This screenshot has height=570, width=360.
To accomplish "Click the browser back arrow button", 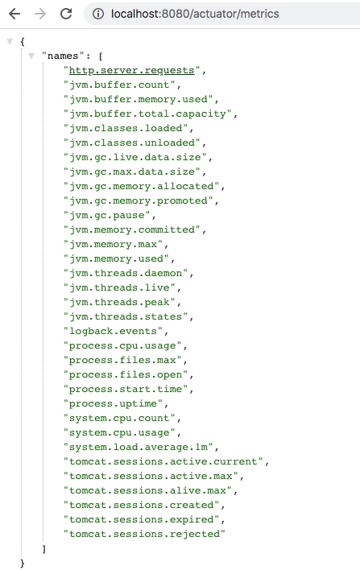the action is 14,14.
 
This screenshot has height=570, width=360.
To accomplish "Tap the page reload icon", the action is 66,14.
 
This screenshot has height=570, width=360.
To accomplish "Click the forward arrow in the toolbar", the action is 40,14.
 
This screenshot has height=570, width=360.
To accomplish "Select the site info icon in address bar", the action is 97,14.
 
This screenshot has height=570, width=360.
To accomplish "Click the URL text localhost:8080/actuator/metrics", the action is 195,14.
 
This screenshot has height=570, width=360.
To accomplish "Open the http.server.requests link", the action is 131,70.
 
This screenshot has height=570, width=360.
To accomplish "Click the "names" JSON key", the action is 63,56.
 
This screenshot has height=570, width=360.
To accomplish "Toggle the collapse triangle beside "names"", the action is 31,56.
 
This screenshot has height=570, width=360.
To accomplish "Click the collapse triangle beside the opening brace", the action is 10,41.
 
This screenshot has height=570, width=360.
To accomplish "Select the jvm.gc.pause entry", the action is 106,215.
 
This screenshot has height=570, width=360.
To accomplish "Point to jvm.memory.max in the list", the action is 113,244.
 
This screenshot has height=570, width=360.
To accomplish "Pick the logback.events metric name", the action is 113,331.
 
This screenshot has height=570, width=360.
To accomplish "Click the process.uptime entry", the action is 113,403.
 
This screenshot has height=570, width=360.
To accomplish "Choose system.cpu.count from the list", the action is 119,418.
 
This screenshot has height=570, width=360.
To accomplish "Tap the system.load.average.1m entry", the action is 139,447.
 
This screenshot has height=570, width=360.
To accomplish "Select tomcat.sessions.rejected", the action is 145,534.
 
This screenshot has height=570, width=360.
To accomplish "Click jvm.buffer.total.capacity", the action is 147,114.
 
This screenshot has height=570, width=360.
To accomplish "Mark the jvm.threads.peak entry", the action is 119,302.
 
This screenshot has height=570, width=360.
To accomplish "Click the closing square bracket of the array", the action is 44,548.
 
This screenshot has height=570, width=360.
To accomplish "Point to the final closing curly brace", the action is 23,563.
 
